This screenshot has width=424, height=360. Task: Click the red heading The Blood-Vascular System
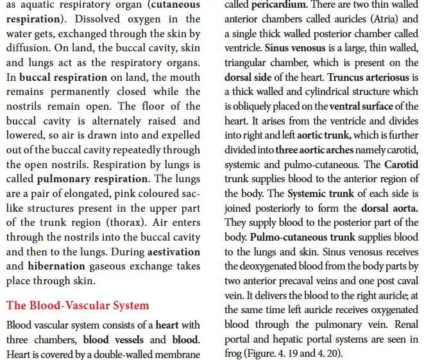77,305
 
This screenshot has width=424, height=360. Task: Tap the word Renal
403,324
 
